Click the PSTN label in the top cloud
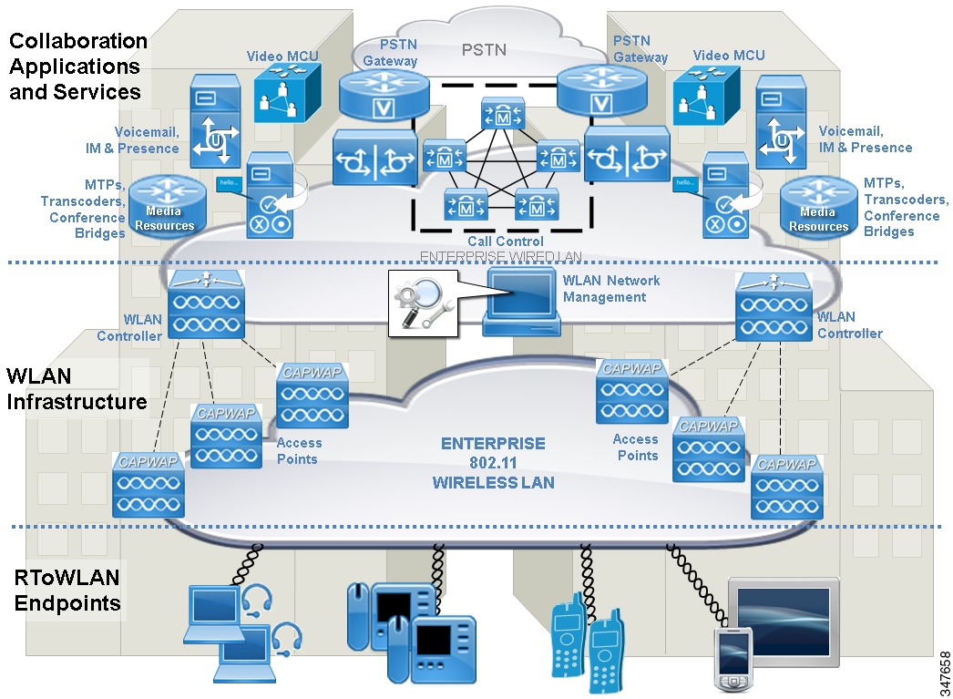coord(483,48)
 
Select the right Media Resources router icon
coord(818,207)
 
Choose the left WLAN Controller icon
coord(206,304)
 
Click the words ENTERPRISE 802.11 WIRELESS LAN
coord(493,463)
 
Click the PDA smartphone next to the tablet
coord(733,660)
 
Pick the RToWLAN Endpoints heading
coord(67,590)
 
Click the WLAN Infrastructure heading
coord(77,389)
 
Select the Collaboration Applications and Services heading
coord(77,67)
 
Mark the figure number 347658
coord(944,672)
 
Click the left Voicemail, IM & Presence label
coord(147,139)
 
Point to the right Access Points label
coord(635,447)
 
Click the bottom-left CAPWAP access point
coord(149,485)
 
